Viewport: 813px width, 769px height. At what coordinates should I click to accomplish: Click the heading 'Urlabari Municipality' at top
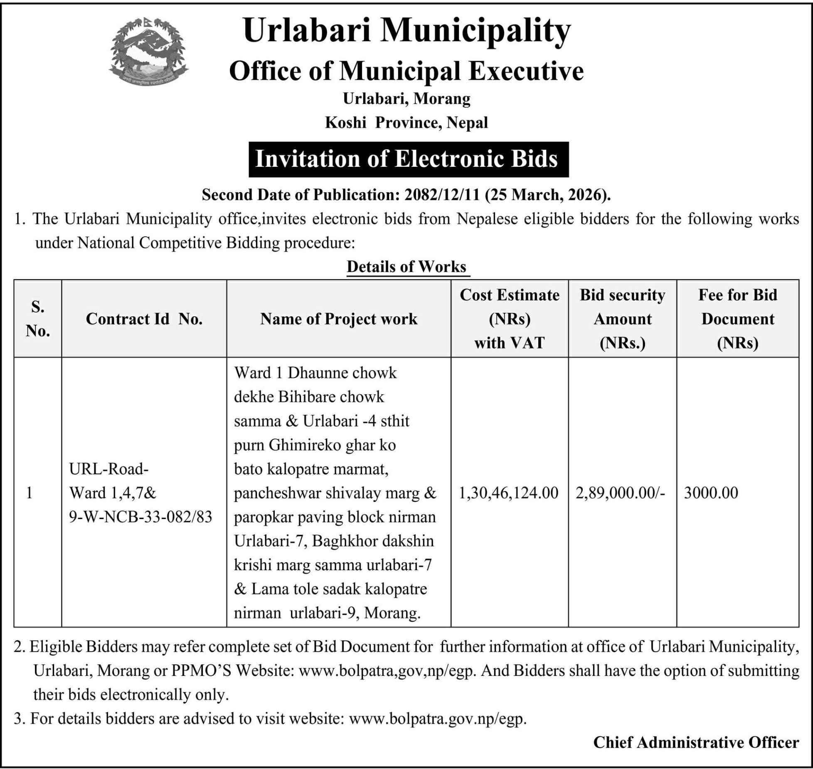click(x=406, y=31)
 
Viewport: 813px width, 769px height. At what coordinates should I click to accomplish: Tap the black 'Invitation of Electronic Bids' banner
click(x=408, y=159)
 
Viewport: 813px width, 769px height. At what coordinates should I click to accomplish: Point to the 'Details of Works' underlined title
click(x=406, y=267)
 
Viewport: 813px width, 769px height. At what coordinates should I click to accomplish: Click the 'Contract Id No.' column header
click(x=144, y=319)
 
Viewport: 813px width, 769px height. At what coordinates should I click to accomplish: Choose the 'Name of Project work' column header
click(x=338, y=319)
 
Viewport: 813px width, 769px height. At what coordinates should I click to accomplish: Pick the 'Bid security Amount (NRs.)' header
click(x=622, y=319)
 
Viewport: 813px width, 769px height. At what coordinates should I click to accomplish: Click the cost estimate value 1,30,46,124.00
click(x=508, y=493)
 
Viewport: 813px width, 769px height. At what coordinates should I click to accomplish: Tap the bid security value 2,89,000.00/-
click(x=620, y=493)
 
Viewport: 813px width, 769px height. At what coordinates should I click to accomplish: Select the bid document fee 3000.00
click(x=711, y=493)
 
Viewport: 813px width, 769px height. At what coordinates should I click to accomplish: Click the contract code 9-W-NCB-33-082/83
click(x=140, y=517)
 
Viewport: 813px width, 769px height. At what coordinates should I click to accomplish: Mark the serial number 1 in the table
click(x=29, y=493)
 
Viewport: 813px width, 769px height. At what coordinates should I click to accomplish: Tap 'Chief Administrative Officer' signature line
click(x=695, y=742)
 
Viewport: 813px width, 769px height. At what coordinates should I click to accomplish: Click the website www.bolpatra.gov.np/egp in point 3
click(x=437, y=718)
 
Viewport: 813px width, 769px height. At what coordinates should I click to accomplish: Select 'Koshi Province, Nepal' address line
click(x=406, y=123)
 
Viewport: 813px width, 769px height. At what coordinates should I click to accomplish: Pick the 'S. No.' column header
click(x=37, y=319)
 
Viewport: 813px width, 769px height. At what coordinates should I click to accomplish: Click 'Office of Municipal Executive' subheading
click(x=406, y=71)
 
